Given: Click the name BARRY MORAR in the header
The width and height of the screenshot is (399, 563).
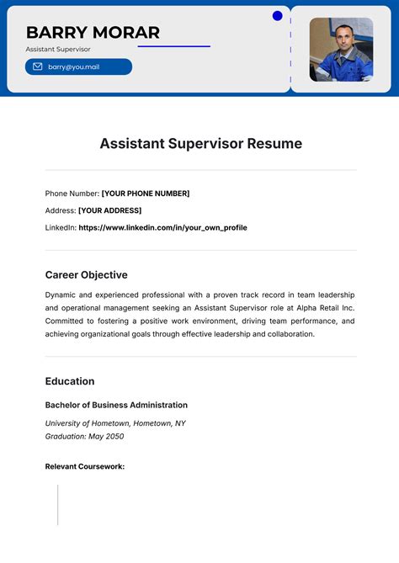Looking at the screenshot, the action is tap(93, 33).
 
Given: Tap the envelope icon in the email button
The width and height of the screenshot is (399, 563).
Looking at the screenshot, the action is tap(37, 66).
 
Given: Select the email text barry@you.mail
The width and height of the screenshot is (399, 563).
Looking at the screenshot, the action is tap(73, 66).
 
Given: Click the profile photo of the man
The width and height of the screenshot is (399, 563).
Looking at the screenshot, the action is tap(341, 50).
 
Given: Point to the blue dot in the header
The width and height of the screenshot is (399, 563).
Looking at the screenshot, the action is tap(278, 16).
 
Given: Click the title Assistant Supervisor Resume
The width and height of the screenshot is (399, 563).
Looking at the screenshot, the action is tap(200, 144).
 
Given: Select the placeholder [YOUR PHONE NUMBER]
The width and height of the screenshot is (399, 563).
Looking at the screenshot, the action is tap(146, 194).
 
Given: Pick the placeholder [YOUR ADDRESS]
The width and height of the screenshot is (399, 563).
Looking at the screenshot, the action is tap(109, 210).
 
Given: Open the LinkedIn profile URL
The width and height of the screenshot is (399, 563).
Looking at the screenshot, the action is tap(162, 227).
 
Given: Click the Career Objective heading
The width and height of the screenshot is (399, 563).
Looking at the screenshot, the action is tap(86, 275).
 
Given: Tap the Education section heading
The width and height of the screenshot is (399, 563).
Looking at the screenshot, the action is tap(70, 381).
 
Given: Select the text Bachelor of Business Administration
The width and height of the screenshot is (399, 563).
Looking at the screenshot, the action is tap(116, 405).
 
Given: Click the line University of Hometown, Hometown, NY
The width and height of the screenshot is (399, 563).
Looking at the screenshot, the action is tap(115, 422).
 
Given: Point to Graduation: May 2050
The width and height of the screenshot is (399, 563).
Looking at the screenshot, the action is tap(83, 437).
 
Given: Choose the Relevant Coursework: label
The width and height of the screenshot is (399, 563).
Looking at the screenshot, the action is tap(84, 466).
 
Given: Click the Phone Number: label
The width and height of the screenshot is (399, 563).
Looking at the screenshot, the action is tap(72, 194).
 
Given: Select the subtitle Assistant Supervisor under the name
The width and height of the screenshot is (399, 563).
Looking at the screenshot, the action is tap(58, 49).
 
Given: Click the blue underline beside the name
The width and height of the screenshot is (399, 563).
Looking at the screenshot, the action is tap(173, 46).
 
